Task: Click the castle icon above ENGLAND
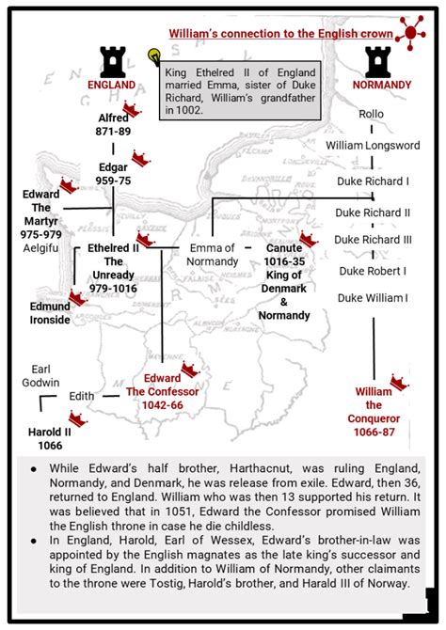coord(113,62)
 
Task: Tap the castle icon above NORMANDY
coord(377,62)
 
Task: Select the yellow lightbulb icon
coord(154,55)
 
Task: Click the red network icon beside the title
coord(410,33)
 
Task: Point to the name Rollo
coord(372,114)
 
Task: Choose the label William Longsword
coord(373,146)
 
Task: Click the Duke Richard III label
coord(373,240)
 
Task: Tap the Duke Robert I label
coord(373,271)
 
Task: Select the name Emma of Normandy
coord(213,255)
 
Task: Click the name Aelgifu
coord(40,248)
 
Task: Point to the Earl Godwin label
coord(40,376)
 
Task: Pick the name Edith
coord(82,396)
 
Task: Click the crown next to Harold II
coord(78,418)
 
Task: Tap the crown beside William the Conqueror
coord(399,383)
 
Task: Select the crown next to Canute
coord(309,240)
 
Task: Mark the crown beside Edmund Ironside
coord(77,297)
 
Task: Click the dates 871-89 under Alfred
coord(113,132)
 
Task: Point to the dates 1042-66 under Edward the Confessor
coord(163,405)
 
